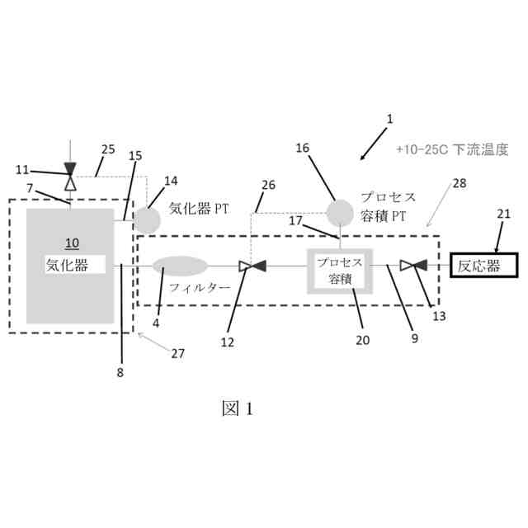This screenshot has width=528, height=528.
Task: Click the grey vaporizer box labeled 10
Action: (70, 266)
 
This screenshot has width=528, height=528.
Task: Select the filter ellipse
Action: (180, 266)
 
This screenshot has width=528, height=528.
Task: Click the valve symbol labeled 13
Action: (412, 266)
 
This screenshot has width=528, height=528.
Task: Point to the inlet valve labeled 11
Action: (70, 175)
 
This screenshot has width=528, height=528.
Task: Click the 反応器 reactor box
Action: (483, 266)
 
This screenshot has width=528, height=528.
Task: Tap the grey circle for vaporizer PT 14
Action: (148, 219)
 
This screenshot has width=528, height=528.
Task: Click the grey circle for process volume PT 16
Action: (339, 213)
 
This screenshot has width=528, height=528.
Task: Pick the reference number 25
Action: (108, 149)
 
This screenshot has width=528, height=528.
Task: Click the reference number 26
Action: (268, 186)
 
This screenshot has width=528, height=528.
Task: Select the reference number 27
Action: (177, 353)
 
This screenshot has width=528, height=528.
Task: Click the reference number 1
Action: (390, 119)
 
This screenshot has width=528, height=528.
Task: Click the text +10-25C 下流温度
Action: (450, 150)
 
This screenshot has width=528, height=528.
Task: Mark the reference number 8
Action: (120, 370)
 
